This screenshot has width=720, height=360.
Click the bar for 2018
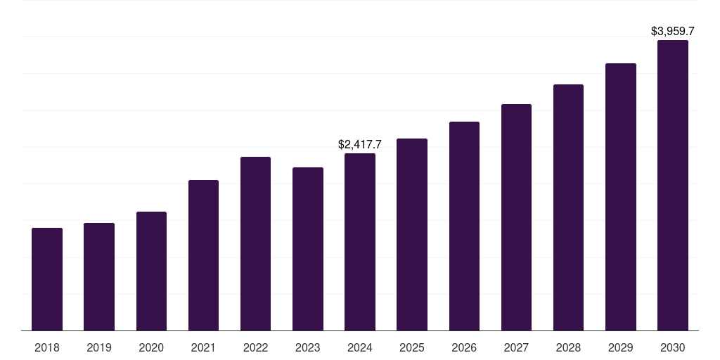47,279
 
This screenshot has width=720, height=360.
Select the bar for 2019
99,277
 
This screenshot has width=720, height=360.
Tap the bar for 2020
152,271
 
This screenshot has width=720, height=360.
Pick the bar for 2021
203,255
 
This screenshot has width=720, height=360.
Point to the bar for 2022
255,244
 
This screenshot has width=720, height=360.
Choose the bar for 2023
308,249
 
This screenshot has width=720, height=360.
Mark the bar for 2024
360,242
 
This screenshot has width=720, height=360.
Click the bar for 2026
464,226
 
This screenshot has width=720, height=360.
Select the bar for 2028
568,207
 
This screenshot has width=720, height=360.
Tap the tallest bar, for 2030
673,186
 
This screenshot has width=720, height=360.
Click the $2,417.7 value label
360,145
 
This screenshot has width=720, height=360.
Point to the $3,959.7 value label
673,31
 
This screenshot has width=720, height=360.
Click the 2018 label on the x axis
47,347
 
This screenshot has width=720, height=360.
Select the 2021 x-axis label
203,347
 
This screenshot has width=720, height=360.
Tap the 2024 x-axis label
360,347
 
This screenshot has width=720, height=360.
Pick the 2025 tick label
412,347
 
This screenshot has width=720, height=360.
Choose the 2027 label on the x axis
516,347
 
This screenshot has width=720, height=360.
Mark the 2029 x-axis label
621,347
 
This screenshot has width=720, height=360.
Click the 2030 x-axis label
673,347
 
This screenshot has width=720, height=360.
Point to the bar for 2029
621,197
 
